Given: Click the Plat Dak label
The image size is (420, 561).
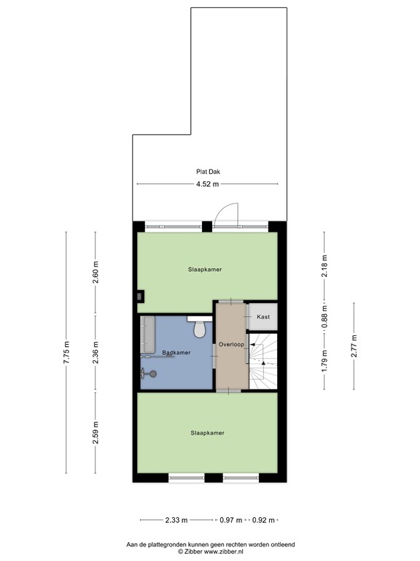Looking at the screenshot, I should pos(208,172).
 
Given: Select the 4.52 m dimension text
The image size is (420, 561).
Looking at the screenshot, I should pos(208,185).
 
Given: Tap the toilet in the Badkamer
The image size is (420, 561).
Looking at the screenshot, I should pos(198,329).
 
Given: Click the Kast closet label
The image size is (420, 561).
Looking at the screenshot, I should pos(263,316).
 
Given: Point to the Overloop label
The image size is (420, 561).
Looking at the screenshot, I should pos(230,343).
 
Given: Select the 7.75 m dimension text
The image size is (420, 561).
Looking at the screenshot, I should pos(66,352).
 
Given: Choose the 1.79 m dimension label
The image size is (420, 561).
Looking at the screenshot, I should pos(325,356).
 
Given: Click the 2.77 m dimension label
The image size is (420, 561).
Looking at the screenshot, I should pos(354,343).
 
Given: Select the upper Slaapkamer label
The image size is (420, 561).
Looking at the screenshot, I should pos(206,269).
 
